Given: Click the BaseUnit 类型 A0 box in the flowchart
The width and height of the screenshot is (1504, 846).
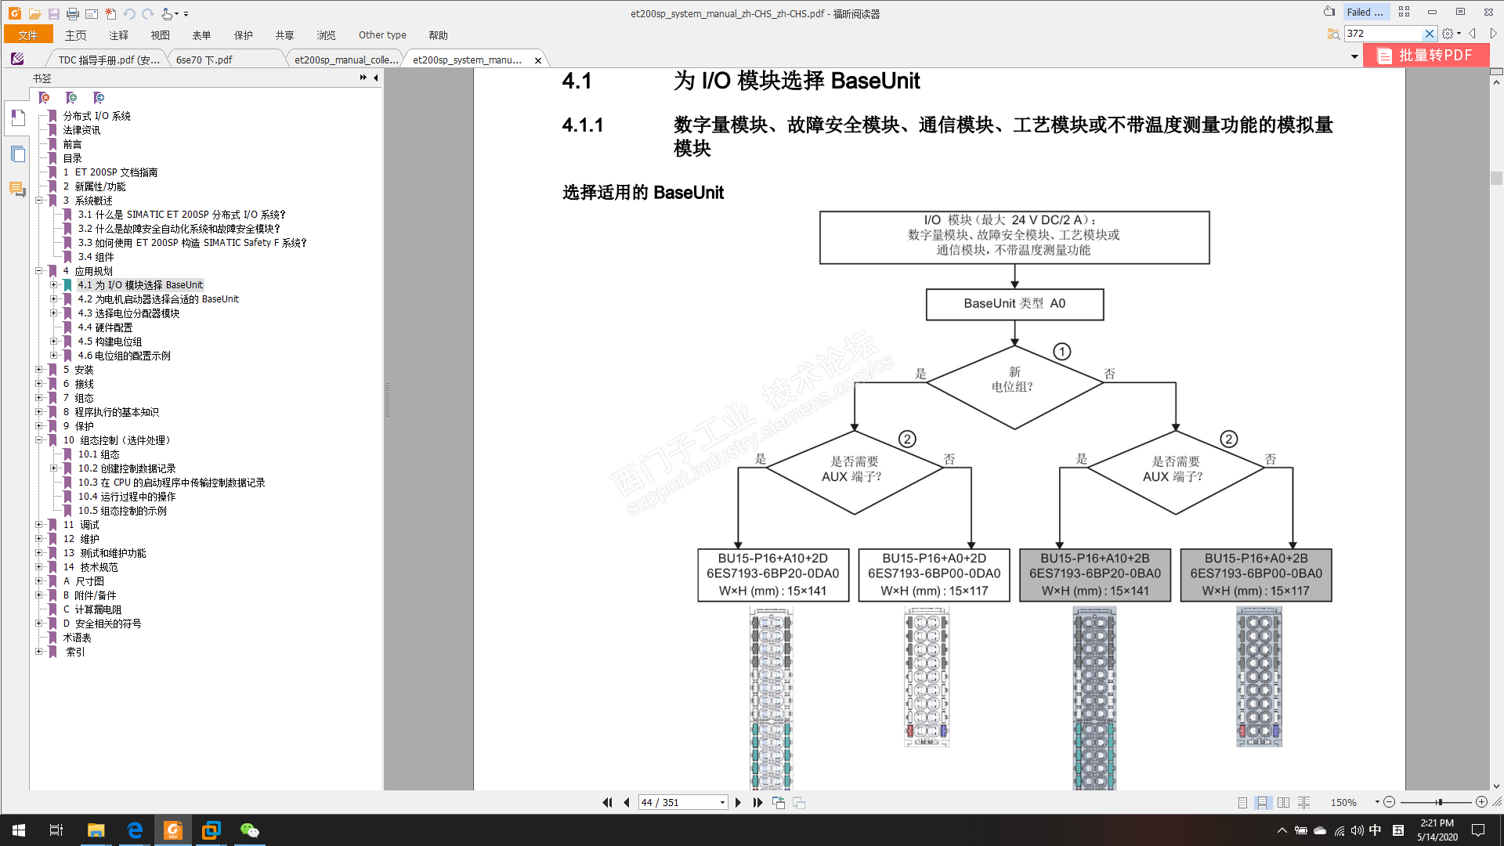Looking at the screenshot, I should click(x=1014, y=304).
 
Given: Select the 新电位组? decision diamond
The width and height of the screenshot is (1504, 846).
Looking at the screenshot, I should click(x=1014, y=380).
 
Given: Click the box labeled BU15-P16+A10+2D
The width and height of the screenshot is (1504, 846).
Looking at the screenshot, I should click(x=772, y=574).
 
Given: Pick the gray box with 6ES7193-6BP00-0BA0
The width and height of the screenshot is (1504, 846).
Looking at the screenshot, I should click(x=1256, y=574).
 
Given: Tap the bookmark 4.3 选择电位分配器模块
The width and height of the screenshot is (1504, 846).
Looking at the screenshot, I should click(x=128, y=313).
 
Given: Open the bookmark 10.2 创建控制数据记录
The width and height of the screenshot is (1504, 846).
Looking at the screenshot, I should click(x=126, y=468).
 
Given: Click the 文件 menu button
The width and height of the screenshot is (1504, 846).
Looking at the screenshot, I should click(x=28, y=35).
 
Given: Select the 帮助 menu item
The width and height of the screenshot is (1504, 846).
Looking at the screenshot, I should click(x=438, y=35).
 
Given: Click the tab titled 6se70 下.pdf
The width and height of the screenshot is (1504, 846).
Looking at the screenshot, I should click(x=204, y=60).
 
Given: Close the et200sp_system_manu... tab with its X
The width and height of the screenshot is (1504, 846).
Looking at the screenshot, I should click(x=538, y=60).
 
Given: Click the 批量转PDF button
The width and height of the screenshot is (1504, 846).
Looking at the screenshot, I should click(x=1426, y=56).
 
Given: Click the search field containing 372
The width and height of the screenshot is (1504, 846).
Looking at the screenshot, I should click(x=1383, y=34).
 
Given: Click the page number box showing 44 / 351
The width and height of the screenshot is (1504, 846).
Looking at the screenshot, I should click(x=678, y=802).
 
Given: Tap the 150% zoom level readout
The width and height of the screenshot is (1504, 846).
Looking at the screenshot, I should click(x=1343, y=802).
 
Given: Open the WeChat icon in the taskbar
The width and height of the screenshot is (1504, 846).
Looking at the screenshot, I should click(x=249, y=830).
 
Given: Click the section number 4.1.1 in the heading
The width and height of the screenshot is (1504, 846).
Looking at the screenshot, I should click(x=583, y=125).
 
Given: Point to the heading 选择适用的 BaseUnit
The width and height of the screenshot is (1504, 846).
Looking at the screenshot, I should click(x=642, y=193).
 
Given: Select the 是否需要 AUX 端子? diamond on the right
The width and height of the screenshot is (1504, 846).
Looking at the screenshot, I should click(x=1175, y=469).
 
